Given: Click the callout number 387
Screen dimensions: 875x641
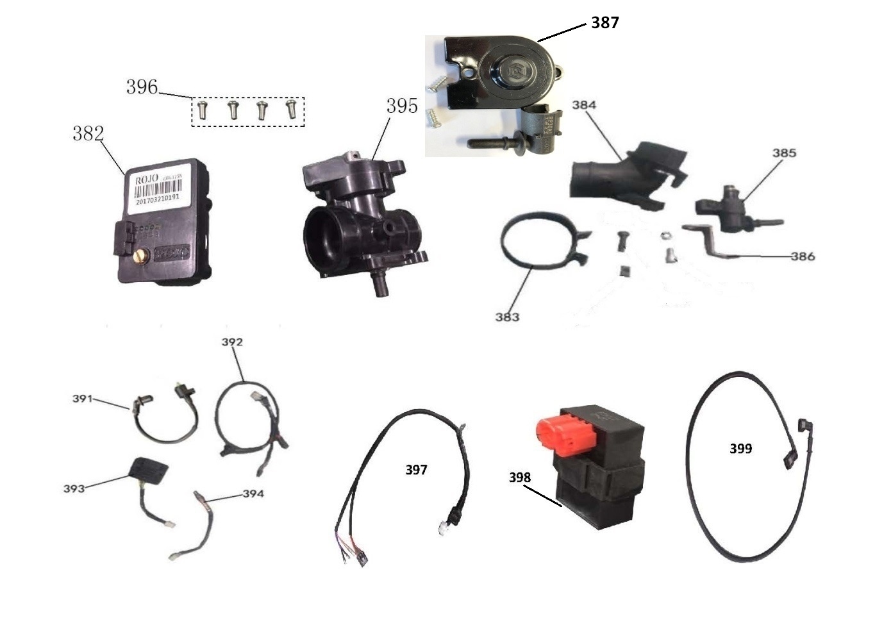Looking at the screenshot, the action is (604, 22).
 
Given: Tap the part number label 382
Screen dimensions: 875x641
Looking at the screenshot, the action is (88, 133).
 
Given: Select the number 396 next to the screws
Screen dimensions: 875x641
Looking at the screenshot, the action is (142, 87).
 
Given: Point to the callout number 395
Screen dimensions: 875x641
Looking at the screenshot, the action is (402, 106).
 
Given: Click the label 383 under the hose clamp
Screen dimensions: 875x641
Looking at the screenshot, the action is (507, 317).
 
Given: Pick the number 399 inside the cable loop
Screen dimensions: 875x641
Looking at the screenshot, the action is (740, 449).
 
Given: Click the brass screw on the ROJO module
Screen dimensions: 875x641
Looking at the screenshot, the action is (141, 256).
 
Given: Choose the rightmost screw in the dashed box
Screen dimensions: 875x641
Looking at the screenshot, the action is (291, 110).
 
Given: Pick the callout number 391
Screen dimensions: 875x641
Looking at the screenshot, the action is (82, 399).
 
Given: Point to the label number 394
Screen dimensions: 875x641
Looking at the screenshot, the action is (253, 494).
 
